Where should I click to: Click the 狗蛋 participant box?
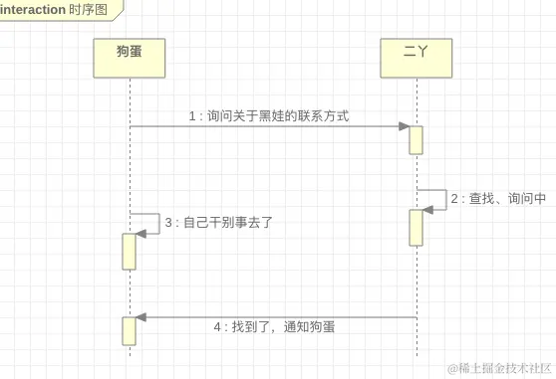point(130,57)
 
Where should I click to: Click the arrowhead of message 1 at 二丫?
point(405,126)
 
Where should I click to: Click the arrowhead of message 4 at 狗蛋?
point(141,317)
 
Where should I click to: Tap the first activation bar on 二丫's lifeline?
point(416,139)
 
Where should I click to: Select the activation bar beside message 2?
point(416,227)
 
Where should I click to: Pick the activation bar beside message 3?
point(130,251)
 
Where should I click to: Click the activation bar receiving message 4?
point(130,330)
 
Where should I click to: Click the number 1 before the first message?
point(192,116)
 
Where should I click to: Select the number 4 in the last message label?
point(218,326)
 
